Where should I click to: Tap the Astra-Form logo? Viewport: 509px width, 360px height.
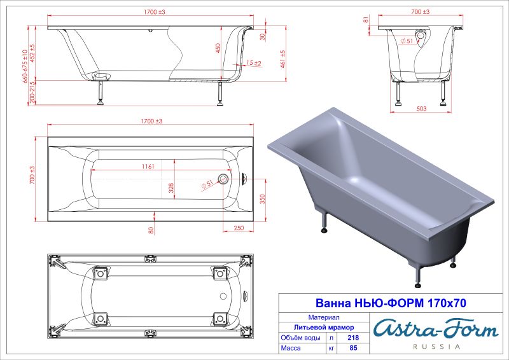pos(436,329)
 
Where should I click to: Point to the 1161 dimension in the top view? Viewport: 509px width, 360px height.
pos(150,167)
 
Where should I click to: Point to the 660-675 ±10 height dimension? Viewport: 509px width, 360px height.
pos(25,66)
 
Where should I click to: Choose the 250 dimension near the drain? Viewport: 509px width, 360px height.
pos(239,228)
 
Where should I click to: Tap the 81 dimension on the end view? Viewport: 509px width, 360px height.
pos(367,20)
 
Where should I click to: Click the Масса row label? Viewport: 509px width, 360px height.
pos(294,349)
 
